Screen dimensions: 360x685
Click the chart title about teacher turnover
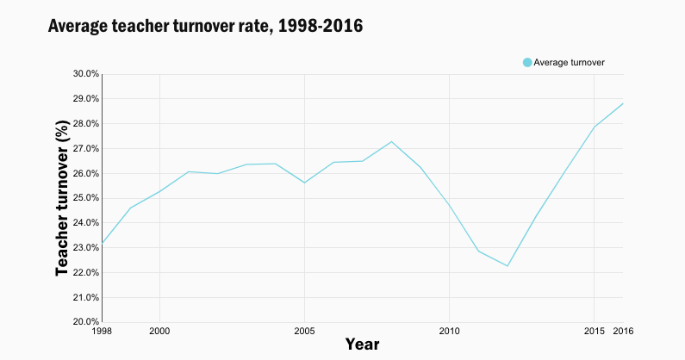pos(205,27)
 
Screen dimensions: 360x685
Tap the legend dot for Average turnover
pos(527,62)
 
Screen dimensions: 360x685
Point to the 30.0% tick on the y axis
pos(85,74)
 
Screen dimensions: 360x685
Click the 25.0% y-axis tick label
pos(85,198)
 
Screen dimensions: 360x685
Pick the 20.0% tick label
pos(85,322)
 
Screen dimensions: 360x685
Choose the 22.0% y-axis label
pos(85,273)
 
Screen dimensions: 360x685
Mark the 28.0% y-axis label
pos(85,124)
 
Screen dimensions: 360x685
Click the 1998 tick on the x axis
pos(102,332)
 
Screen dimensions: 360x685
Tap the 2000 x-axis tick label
pos(159,332)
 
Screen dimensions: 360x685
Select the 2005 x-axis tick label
pos(304,332)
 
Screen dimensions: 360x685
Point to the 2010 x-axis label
pos(449,332)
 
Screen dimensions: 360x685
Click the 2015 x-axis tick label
pos(594,332)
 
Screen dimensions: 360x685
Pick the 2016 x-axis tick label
pos(623,332)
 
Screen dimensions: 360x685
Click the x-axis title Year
pos(362,344)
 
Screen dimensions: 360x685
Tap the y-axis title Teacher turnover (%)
pos(62,198)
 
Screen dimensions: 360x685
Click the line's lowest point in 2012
pos(507,265)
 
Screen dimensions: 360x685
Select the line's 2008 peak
pos(391,141)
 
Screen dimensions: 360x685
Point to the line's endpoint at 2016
pos(622,103)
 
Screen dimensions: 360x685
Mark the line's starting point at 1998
pos(102,243)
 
